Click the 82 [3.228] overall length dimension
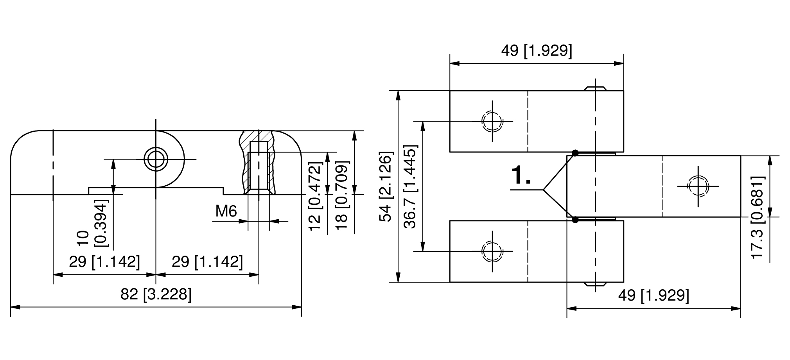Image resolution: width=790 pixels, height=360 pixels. [156, 294]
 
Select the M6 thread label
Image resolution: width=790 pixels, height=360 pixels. [226, 211]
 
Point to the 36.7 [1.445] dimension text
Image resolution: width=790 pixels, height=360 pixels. [411, 186]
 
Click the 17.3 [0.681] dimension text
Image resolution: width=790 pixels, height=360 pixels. [758, 217]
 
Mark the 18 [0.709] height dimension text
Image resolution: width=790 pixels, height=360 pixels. [341, 195]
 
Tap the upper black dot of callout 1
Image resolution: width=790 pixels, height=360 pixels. [575, 153]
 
